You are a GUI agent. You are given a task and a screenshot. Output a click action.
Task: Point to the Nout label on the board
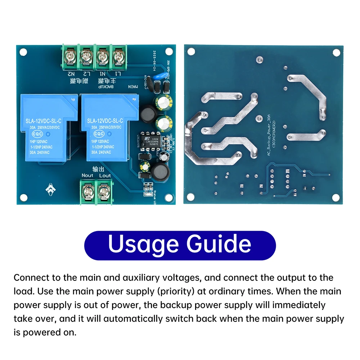pos(87,175)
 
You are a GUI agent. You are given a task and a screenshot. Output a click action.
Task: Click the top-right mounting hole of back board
pos(336,53)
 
